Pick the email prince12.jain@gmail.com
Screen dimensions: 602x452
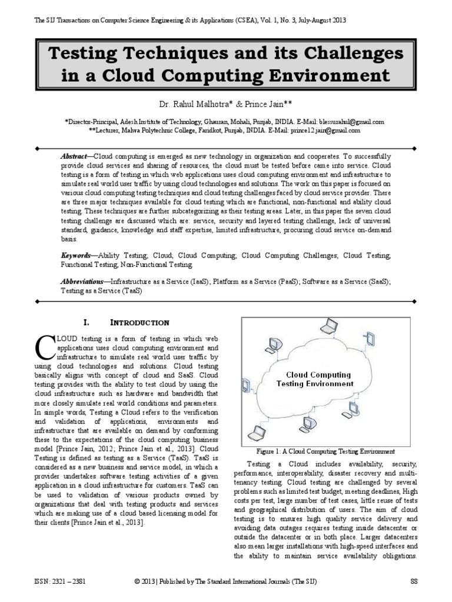point(331,130)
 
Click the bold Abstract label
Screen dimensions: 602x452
point(74,158)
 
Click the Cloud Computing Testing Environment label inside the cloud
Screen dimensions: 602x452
point(318,379)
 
